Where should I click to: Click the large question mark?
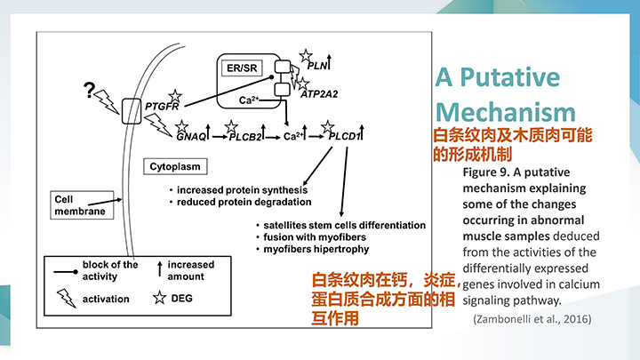click(x=89, y=90)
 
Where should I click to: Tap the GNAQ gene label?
click(x=191, y=138)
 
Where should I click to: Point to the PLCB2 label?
click(x=246, y=138)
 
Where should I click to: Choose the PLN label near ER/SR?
click(x=317, y=66)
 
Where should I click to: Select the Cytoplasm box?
click(x=175, y=166)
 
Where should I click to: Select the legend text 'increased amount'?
click(x=191, y=270)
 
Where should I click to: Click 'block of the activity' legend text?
click(x=110, y=270)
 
